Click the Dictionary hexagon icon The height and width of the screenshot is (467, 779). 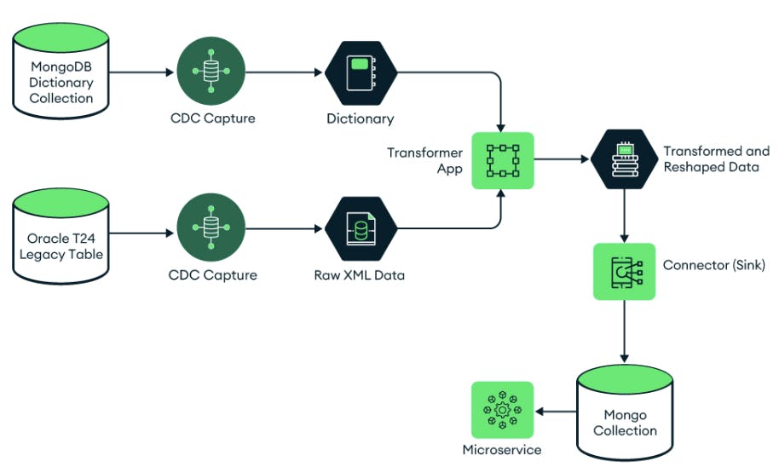coord(361,72)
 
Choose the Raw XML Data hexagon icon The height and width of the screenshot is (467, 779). coord(361,228)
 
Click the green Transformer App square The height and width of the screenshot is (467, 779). coord(502,160)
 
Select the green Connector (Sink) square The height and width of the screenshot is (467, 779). coord(625,270)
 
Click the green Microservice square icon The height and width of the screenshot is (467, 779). coord(502,411)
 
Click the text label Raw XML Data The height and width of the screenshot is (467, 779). coord(360,275)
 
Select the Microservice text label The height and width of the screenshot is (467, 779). coord(501,450)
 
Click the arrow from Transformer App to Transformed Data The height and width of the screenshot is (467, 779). coord(563,159)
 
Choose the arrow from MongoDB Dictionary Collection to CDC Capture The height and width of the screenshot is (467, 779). coord(141,72)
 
